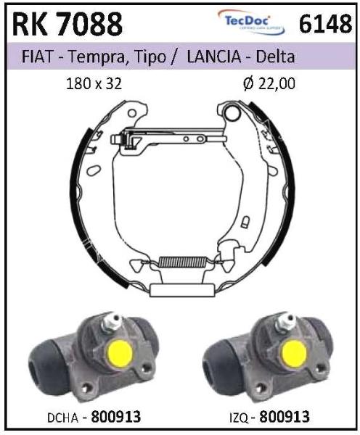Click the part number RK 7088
click(x=67, y=24)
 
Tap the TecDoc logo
click(x=251, y=22)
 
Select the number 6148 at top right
click(x=325, y=24)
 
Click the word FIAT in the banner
click(x=37, y=57)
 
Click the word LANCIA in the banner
click(x=214, y=57)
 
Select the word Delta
click(x=276, y=57)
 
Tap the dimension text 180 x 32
click(x=94, y=83)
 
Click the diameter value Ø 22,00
click(x=269, y=83)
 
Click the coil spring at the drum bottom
click(x=182, y=261)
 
